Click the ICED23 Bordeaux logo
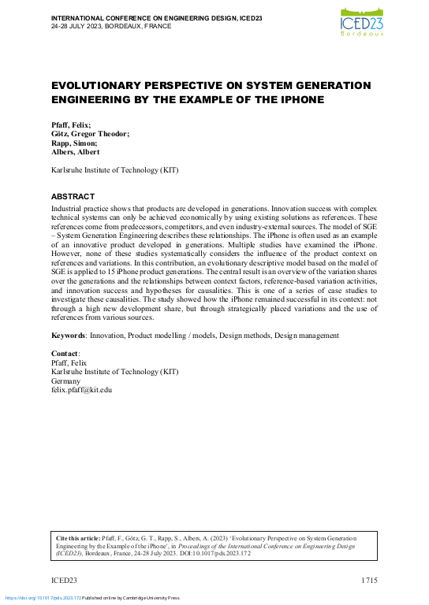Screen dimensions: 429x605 [363, 21]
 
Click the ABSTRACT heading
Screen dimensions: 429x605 [73, 196]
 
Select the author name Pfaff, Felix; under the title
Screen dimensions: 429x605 [71, 124]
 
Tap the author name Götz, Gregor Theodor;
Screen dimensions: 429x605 [91, 134]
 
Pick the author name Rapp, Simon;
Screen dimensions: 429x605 [74, 143]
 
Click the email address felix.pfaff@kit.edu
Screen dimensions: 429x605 [82, 389]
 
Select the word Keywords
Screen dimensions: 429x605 [68, 336]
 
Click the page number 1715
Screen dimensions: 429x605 [370, 581]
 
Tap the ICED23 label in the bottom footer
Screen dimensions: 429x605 [64, 581]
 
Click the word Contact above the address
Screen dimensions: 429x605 [65, 354]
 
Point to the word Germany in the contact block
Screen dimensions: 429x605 [66, 380]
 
